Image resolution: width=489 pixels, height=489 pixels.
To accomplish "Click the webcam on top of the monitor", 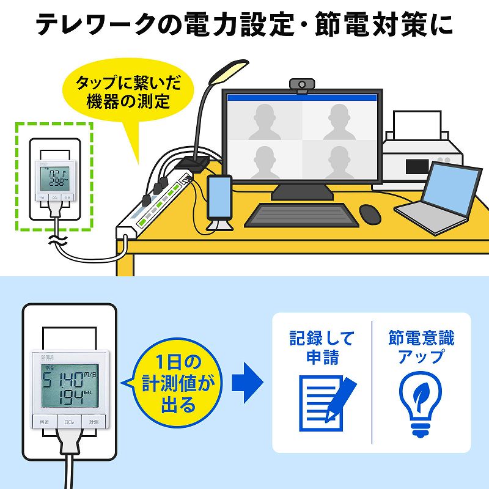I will coord(302,84).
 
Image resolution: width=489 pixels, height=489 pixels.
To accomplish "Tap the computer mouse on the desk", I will coord(370,213).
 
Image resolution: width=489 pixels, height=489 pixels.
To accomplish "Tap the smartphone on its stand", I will coord(219,197).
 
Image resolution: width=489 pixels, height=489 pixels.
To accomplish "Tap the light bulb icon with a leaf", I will coord(421,395).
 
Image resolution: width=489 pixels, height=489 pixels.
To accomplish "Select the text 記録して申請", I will coord(322,347).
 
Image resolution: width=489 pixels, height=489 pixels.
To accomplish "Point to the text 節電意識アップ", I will coord(421,347).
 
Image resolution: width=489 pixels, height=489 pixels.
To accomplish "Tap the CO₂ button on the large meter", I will coord(68,422).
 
